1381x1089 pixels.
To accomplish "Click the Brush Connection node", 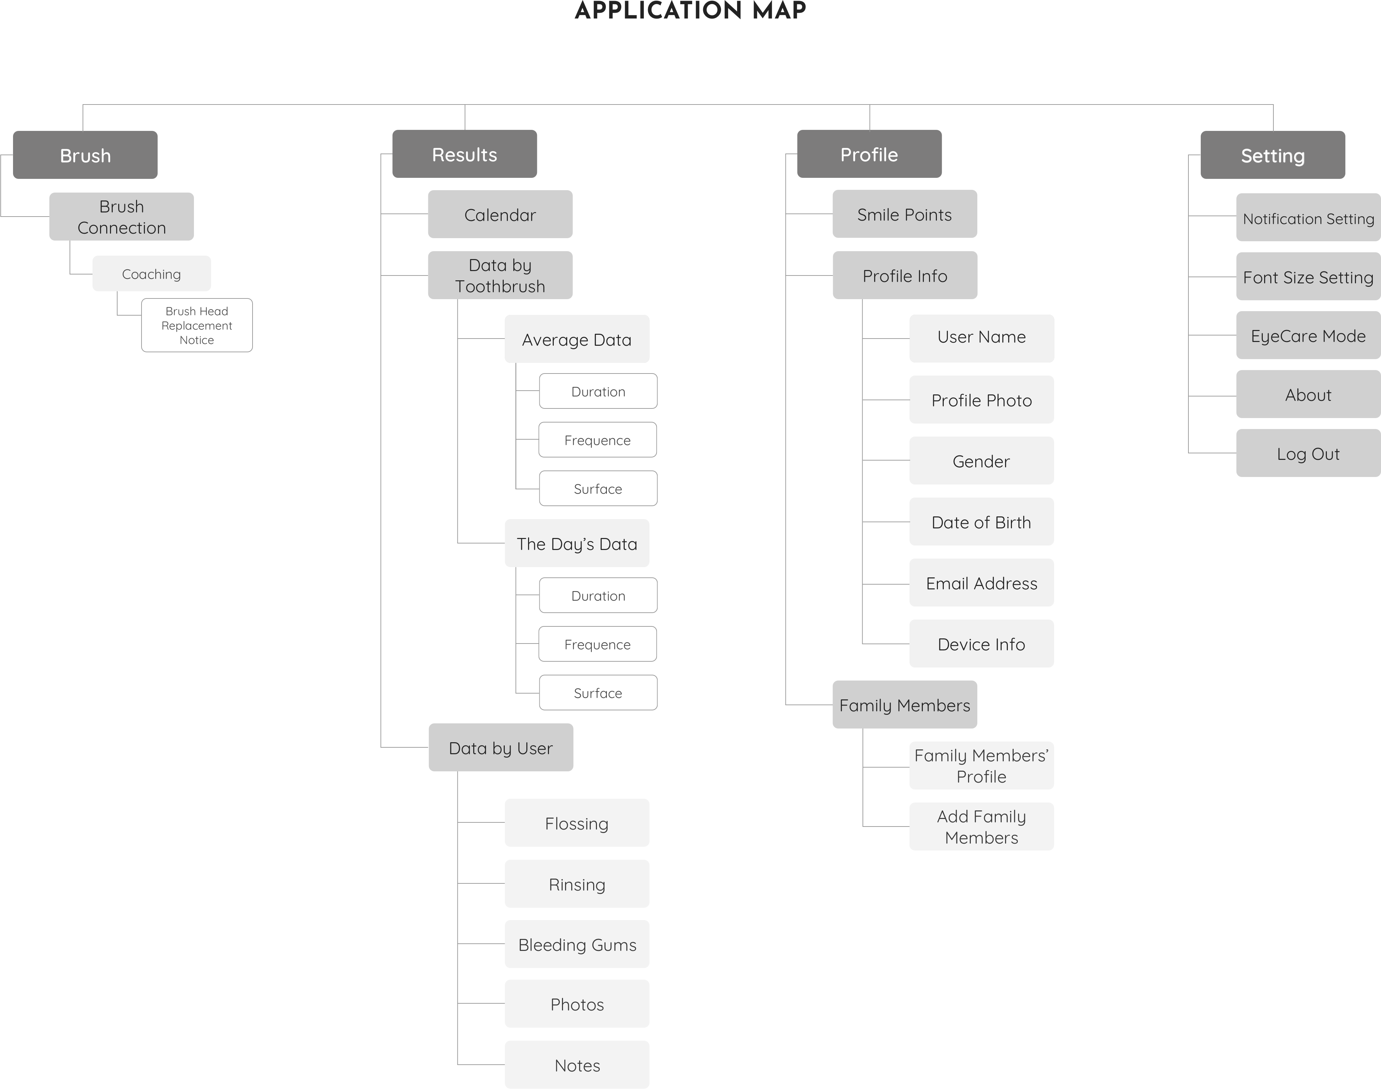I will click(x=121, y=217).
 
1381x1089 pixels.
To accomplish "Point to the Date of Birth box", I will click(x=981, y=522).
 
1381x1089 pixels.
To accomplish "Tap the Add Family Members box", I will click(x=981, y=826).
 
